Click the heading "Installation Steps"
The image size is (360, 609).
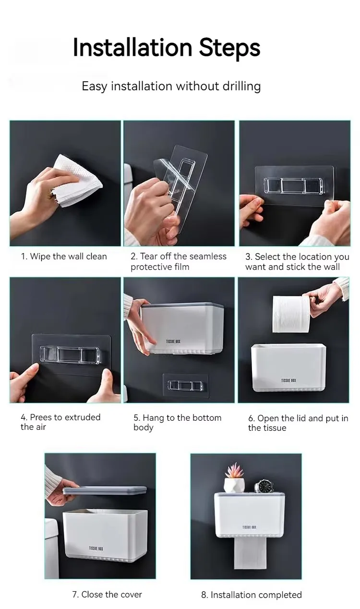coord(166,48)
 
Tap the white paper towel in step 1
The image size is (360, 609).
coord(79,180)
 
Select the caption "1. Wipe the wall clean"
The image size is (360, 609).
coord(63,256)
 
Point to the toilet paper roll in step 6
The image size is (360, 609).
coord(291,314)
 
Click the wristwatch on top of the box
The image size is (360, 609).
coord(263,486)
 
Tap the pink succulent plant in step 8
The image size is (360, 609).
coord(234,470)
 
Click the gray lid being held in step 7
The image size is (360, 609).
coord(105,490)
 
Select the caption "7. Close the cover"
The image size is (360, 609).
coord(107,595)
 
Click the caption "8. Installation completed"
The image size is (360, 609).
coord(251,595)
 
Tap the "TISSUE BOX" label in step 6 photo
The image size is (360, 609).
coord(288,380)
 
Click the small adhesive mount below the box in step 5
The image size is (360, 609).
coord(185,385)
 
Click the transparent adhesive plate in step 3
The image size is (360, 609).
coord(295,185)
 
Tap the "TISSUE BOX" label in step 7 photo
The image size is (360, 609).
coord(96,548)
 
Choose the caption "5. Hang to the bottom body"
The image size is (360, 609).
coord(177,423)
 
